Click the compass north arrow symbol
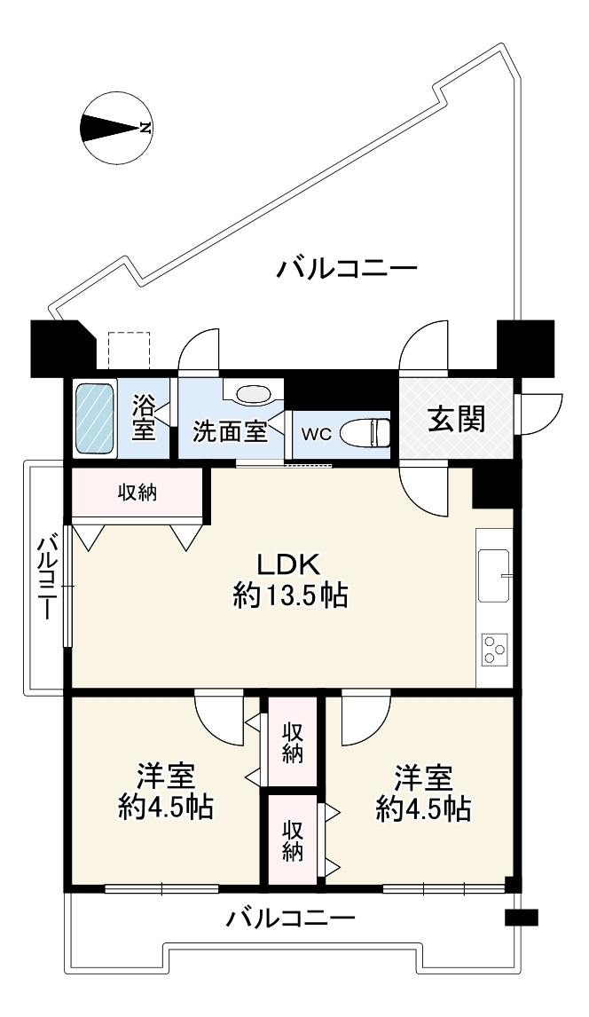pyautogui.click(x=116, y=129)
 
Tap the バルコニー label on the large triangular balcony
pyautogui.click(x=345, y=268)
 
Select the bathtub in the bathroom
pyautogui.click(x=94, y=419)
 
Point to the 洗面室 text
pyautogui.click(x=230, y=432)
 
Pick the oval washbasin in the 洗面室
pyautogui.click(x=255, y=395)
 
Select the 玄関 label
pyautogui.click(x=457, y=420)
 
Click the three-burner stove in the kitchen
pyautogui.click(x=493, y=649)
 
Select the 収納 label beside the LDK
pyautogui.click(x=139, y=493)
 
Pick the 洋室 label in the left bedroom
pyautogui.click(x=166, y=776)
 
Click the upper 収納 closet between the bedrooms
pyautogui.click(x=293, y=742)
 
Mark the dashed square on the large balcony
pyautogui.click(x=130, y=351)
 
